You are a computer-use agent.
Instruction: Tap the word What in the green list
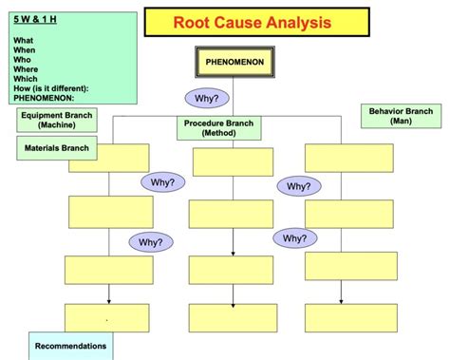click(25, 40)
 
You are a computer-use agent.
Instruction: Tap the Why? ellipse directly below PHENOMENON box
click(208, 99)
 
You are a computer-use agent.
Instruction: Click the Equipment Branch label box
click(57, 119)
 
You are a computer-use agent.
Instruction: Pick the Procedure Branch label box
click(218, 127)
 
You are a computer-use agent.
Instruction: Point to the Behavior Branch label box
click(400, 116)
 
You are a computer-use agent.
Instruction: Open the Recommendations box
click(70, 346)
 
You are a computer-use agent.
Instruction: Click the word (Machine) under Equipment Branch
click(57, 124)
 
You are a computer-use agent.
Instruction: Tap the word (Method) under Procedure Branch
click(218, 133)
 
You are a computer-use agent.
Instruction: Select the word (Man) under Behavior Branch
click(400, 122)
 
